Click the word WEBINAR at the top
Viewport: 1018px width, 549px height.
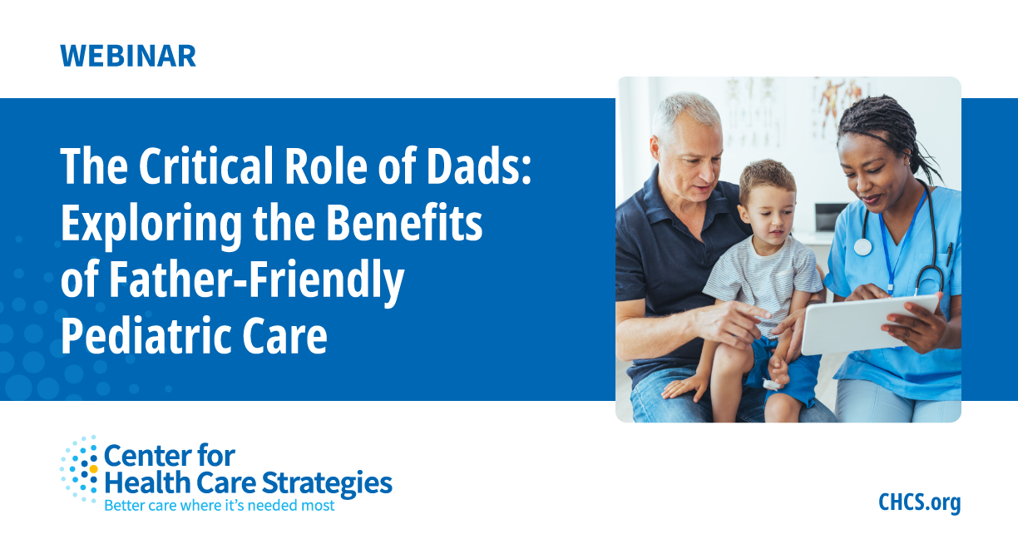click(128, 55)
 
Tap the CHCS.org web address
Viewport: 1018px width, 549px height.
click(919, 502)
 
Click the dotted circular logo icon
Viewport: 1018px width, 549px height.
click(80, 468)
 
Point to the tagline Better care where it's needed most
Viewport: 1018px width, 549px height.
click(219, 505)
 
